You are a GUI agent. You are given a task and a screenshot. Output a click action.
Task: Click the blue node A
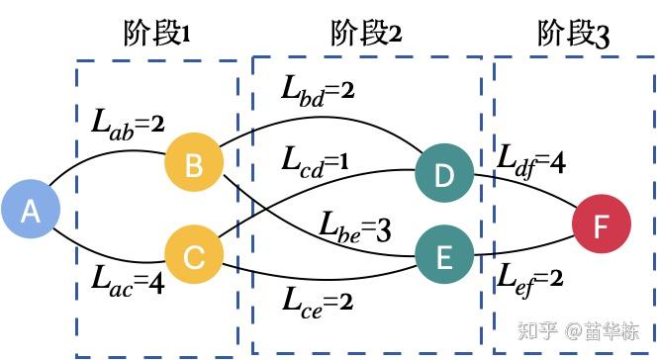tap(31, 211)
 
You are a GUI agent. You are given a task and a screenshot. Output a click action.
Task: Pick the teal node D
tap(444, 175)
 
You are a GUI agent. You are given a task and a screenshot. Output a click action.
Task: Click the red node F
tap(601, 225)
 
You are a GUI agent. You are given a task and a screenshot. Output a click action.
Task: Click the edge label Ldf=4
tap(532, 161)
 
